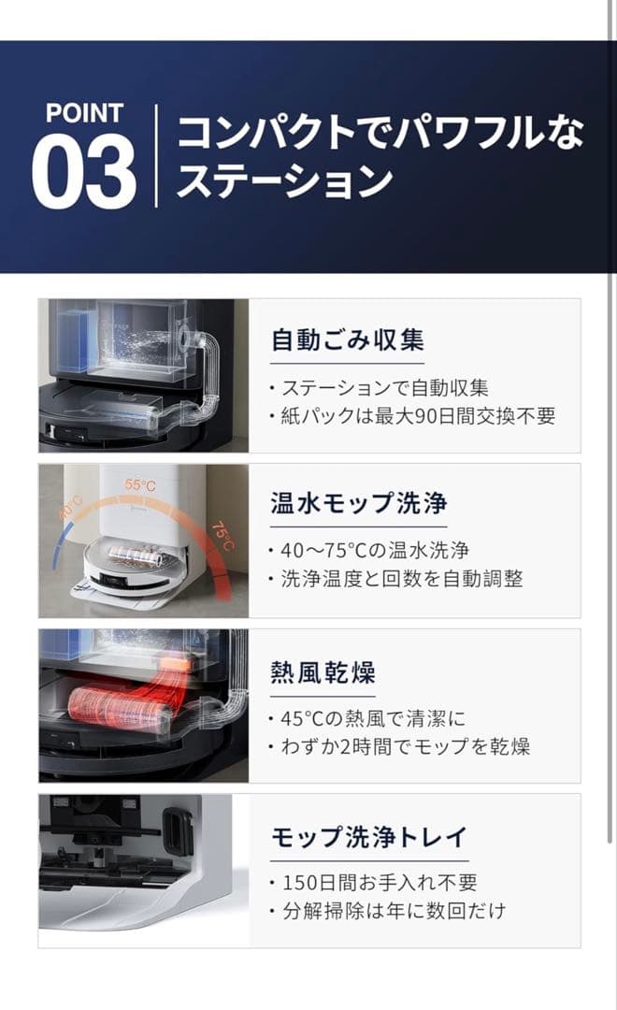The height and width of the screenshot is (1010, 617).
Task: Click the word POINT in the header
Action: [x=84, y=114]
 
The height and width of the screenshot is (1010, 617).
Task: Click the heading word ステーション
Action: [x=283, y=180]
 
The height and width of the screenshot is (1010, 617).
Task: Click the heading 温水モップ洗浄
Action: [x=359, y=504]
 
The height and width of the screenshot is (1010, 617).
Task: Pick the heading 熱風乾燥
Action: [x=323, y=671]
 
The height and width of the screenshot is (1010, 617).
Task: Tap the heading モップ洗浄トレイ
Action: [x=368, y=836]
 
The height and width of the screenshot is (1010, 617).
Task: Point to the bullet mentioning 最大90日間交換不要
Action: [x=411, y=416]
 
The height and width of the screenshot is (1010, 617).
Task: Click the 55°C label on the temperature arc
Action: [x=141, y=485]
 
